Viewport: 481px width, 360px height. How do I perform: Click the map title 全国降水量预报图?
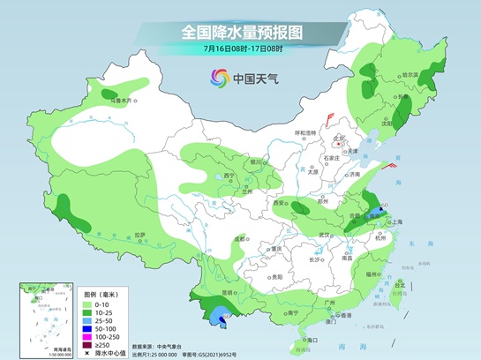point(241,32)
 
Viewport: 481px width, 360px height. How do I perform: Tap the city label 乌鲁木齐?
point(119,101)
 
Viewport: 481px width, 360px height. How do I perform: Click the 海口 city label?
point(311,339)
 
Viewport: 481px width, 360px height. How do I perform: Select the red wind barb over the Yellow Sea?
point(391,165)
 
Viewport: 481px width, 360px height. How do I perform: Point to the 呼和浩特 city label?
point(304,132)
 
